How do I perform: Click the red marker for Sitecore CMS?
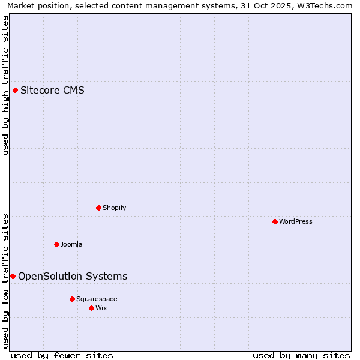pyautogui.click(x=15, y=91)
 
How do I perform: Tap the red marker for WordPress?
pyautogui.click(x=275, y=221)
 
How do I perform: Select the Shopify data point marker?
pyautogui.click(x=98, y=208)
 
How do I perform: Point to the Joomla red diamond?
pyautogui.click(x=56, y=244)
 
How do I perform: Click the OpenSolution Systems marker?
pyautogui.click(x=13, y=276)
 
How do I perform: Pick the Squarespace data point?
pyautogui.click(x=72, y=299)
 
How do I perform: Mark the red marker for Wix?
pyautogui.click(x=91, y=308)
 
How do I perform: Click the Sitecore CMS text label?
pyautogui.click(x=52, y=91)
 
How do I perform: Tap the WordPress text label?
pyautogui.click(x=296, y=221)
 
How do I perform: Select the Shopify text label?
pyautogui.click(x=114, y=208)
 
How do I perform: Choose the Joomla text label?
pyautogui.click(x=71, y=244)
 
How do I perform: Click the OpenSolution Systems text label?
pyautogui.click(x=73, y=276)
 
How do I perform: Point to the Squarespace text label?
pyautogui.click(x=97, y=299)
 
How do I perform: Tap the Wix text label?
pyautogui.click(x=101, y=308)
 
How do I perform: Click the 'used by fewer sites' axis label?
pyautogui.click(x=62, y=355)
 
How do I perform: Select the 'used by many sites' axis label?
pyautogui.click(x=301, y=355)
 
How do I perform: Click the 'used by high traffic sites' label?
pyautogui.click(x=5, y=85)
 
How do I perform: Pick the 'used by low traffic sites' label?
pyautogui.click(x=5, y=280)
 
